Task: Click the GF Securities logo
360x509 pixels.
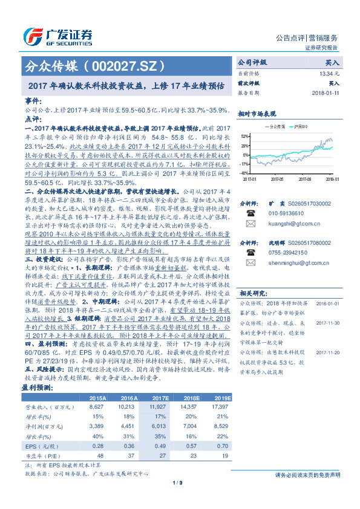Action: click(x=58, y=34)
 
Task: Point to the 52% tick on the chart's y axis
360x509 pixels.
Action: click(x=244, y=136)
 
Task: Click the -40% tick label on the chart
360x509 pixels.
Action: click(x=244, y=173)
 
